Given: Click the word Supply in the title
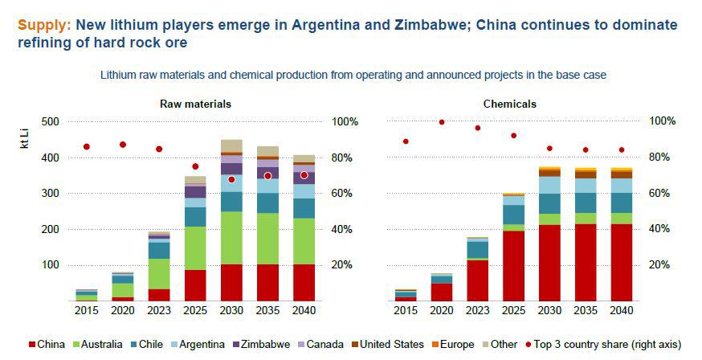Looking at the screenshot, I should [x=43, y=25].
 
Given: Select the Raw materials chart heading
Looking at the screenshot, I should [x=196, y=104].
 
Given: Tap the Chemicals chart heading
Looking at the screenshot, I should [x=509, y=104].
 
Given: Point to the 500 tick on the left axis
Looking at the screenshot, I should [x=51, y=121].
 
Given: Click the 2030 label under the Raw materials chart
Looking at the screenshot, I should [x=231, y=309].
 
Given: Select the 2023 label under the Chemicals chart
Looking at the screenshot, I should [x=477, y=309].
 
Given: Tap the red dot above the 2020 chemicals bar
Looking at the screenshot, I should [x=442, y=122].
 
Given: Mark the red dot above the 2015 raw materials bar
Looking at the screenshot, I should [x=86, y=147].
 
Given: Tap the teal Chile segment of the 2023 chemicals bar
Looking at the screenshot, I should [x=477, y=250].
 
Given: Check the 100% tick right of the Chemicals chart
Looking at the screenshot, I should [x=663, y=121].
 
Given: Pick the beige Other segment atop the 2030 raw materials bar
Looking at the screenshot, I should [x=231, y=145].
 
